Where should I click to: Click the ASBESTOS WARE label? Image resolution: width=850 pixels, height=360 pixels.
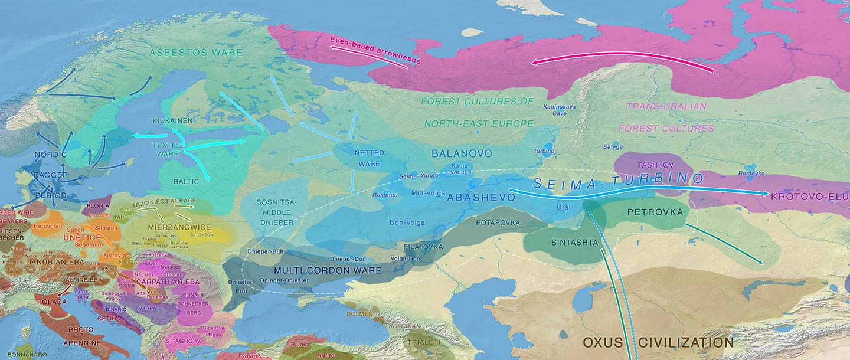click(196, 53)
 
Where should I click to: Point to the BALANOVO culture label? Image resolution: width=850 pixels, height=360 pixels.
click(462, 153)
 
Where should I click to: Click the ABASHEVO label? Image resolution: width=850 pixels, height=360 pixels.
click(481, 197)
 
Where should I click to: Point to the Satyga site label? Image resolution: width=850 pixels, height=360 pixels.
click(613, 146)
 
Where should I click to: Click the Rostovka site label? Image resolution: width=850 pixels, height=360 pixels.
click(751, 173)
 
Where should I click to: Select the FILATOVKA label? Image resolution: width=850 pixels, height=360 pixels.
click(423, 247)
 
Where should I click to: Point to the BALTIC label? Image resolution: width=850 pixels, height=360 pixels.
click(186, 182)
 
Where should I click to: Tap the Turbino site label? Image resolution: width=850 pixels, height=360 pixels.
click(544, 150)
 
